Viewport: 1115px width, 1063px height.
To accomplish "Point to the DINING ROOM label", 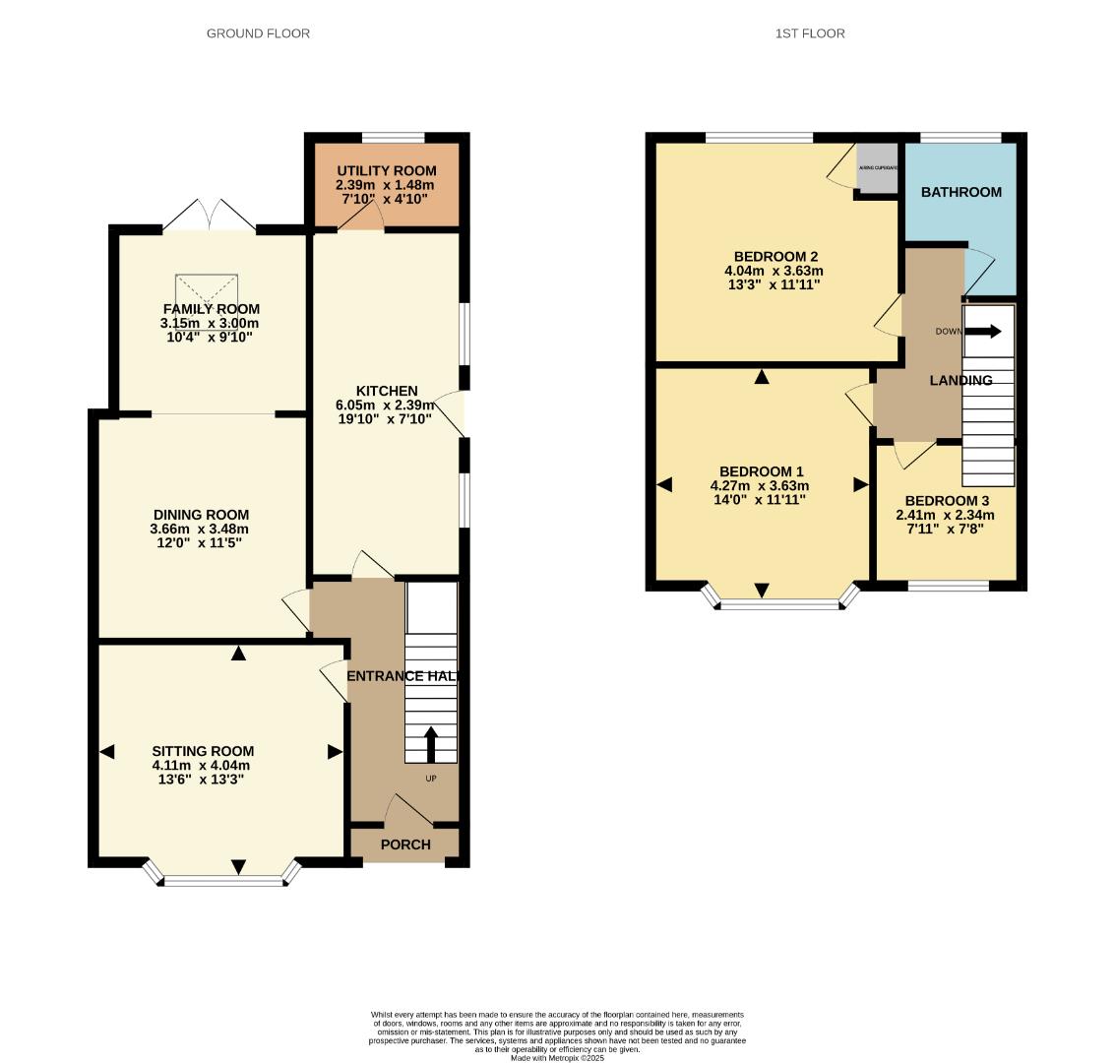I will coord(201,515).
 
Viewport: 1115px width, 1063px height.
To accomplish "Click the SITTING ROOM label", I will coord(203,751).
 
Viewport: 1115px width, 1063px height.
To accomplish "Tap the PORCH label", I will coord(405,844).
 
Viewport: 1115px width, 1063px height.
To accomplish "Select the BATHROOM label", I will coord(960,192).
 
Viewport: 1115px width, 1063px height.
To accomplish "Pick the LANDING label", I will coord(961,380).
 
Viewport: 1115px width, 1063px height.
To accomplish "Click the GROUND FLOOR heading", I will coord(258,33).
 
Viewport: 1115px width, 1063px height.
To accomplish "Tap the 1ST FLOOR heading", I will coord(810,33).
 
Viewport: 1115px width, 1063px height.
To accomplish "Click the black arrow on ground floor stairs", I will coord(431,743).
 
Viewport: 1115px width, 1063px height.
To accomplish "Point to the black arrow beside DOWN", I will coord(982,332).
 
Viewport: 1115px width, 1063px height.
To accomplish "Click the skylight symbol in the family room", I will coord(209,292).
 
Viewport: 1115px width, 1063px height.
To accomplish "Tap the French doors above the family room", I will coord(210,216).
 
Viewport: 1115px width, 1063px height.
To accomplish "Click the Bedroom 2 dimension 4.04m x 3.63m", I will coord(774,271).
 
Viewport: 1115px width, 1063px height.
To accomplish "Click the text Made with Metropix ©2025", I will coord(557,1058).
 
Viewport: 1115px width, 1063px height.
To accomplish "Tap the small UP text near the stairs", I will coord(431,779).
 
